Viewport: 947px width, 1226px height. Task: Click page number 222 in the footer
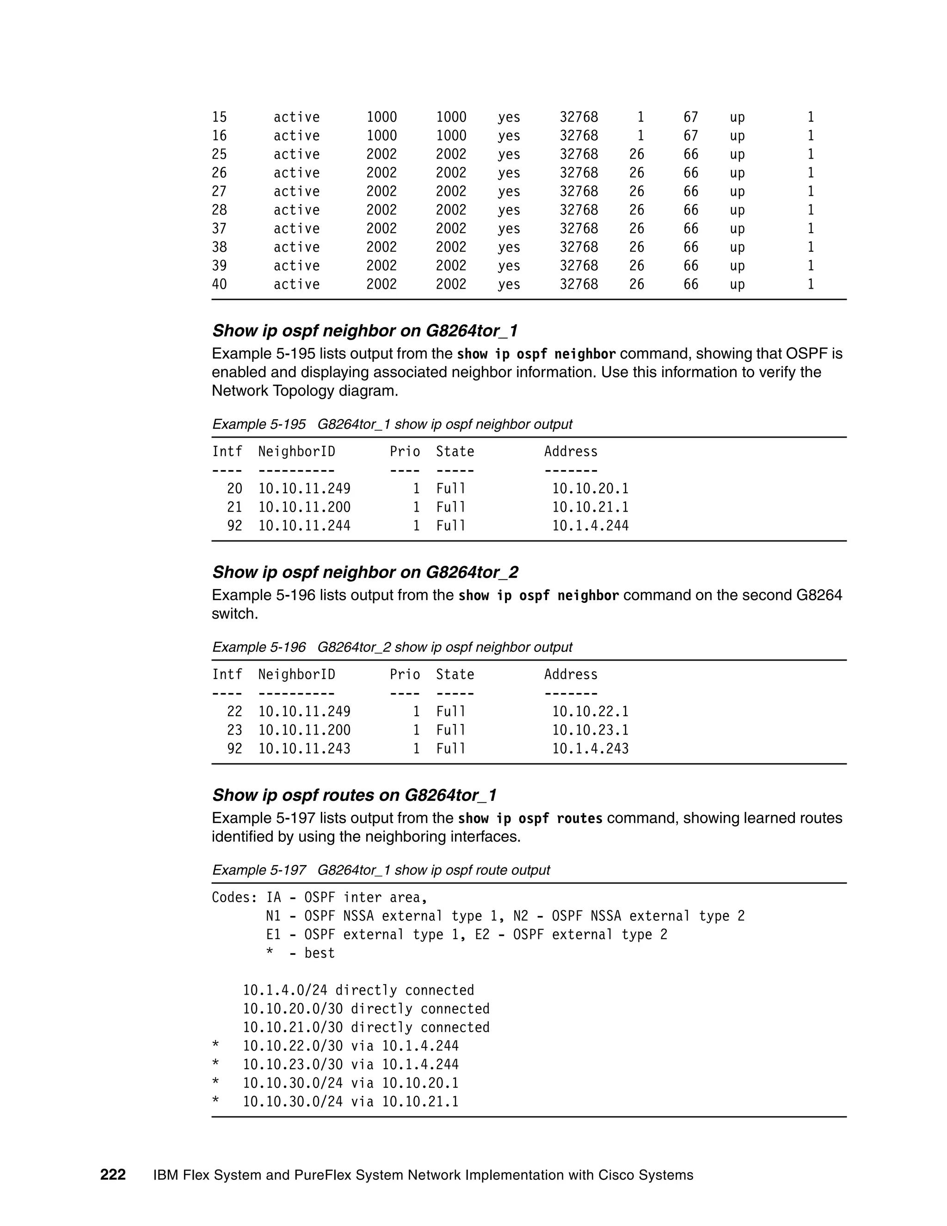click(x=113, y=1175)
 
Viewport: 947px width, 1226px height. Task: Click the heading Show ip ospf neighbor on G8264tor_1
click(x=365, y=331)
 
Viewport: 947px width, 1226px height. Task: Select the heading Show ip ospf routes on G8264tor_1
click(x=354, y=795)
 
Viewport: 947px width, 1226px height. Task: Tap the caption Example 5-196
click(x=258, y=647)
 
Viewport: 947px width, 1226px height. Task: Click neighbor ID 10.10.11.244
click(x=304, y=526)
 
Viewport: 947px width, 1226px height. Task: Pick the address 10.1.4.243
click(x=590, y=749)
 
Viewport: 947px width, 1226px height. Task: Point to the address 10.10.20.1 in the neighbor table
click(x=590, y=489)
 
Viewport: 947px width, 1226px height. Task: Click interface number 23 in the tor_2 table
click(x=234, y=731)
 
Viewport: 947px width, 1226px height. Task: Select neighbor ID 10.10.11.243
click(x=304, y=749)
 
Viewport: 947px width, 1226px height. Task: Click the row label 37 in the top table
click(x=219, y=229)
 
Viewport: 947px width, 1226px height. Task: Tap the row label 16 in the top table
click(x=219, y=136)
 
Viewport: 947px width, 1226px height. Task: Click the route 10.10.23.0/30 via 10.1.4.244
click(x=350, y=1065)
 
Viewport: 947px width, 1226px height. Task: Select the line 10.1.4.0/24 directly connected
click(x=358, y=990)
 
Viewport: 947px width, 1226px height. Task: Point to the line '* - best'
click(x=300, y=953)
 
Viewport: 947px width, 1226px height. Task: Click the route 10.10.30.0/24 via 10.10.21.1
click(x=350, y=1102)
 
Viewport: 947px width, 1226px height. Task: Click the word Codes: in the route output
click(x=234, y=898)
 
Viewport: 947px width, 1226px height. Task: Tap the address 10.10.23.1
click(x=590, y=731)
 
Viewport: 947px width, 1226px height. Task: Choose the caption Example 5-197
click(x=258, y=870)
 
